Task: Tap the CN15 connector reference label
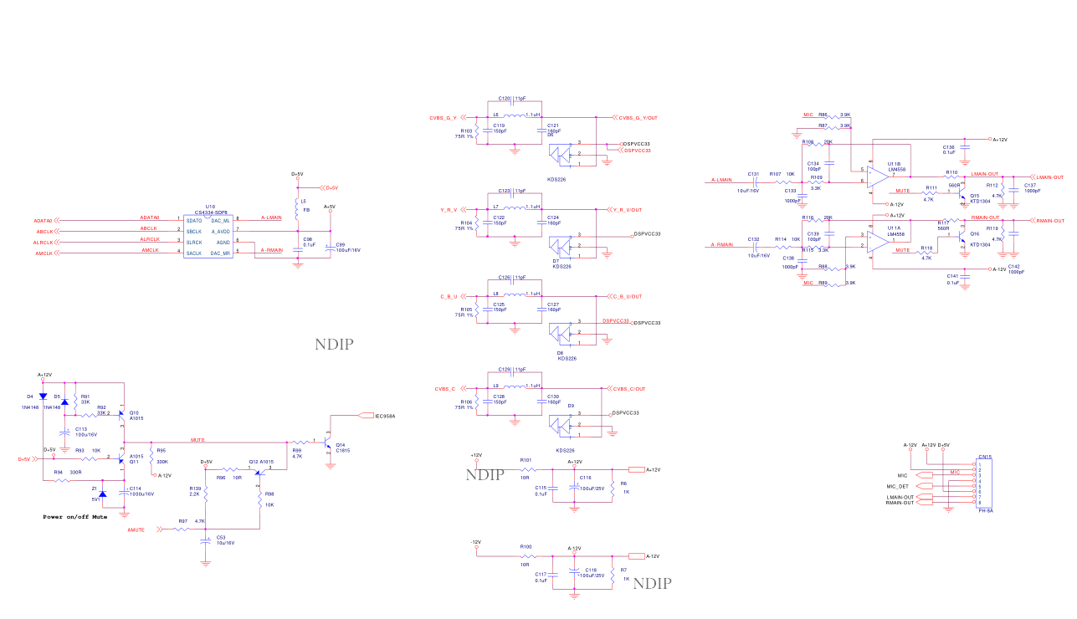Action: tap(985, 457)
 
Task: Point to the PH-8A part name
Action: tap(985, 510)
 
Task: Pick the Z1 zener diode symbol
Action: tap(103, 494)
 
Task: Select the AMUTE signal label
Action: tap(136, 529)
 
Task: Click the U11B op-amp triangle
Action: tap(878, 176)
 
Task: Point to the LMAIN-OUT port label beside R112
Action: tap(1049, 177)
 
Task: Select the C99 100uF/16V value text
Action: tap(348, 250)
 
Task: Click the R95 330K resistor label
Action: tap(162, 456)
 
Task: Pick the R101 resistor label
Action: tap(526, 460)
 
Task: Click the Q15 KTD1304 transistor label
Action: tap(980, 198)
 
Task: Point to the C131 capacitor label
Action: tap(753, 174)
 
